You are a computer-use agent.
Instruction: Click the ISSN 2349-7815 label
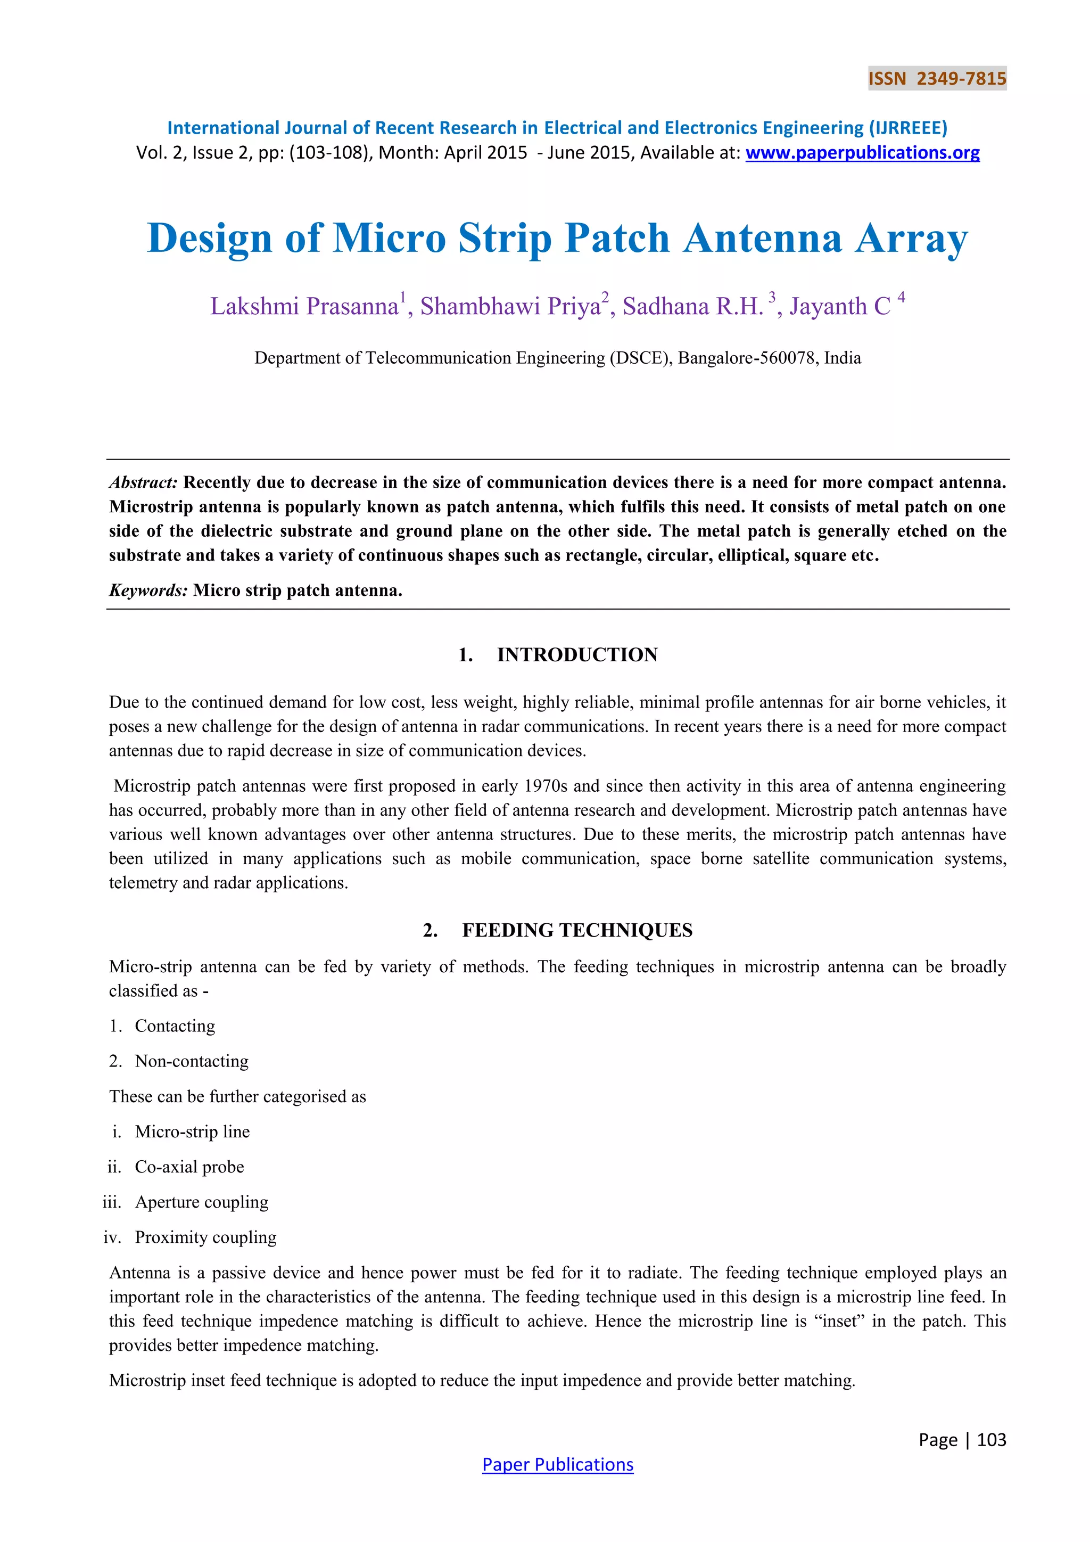tap(936, 79)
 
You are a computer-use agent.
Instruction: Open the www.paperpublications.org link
tap(862, 153)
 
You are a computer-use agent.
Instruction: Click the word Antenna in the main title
tap(763, 239)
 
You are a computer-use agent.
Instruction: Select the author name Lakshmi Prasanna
tap(304, 306)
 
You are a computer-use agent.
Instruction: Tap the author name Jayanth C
tap(840, 306)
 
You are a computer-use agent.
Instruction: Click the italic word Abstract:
tap(144, 482)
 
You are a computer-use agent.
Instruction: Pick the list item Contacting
tap(175, 1026)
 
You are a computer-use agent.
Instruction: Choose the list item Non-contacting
tap(191, 1061)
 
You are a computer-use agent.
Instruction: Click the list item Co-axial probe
tap(189, 1167)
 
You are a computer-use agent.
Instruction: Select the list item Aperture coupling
tap(201, 1202)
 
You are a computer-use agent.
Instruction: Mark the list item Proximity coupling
tap(205, 1237)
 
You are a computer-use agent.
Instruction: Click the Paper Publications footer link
tap(557, 1465)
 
